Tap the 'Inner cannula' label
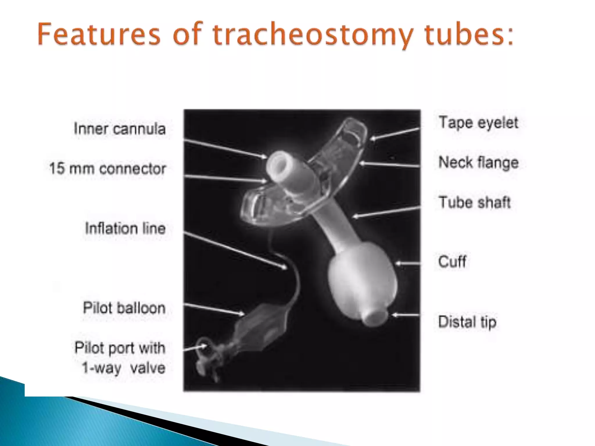[x=120, y=129]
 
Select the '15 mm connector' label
[x=107, y=168]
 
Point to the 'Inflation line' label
[x=125, y=229]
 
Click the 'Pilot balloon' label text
[x=124, y=308]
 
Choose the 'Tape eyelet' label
[x=478, y=123]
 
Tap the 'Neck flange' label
[x=478, y=162]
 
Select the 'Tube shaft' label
[x=474, y=202]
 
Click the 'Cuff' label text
[x=452, y=262]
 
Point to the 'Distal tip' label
[x=467, y=322]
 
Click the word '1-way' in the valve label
[x=101, y=368]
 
